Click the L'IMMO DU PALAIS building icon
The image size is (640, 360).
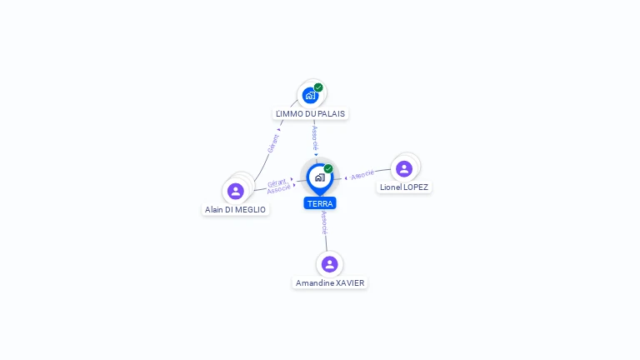(311, 96)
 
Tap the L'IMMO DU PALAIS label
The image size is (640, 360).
(310, 114)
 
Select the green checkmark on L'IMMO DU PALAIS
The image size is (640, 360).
(318, 87)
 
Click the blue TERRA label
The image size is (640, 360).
(320, 203)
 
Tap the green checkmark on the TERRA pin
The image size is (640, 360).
(328, 168)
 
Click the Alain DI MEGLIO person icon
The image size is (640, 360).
(236, 191)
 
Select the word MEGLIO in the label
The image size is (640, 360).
(251, 210)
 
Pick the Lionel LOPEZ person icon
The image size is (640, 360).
(404, 168)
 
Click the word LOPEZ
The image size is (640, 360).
(416, 187)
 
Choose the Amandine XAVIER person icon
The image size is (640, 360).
(330, 264)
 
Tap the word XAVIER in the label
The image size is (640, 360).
(350, 283)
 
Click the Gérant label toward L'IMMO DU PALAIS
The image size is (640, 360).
(273, 143)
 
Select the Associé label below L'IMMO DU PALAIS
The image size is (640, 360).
(315, 138)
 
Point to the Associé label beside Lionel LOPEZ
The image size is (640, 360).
(362, 175)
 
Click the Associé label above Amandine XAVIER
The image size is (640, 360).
(324, 222)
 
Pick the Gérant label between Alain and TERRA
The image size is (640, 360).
(277, 182)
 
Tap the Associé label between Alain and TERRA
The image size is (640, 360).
(279, 189)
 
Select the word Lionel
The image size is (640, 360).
(391, 187)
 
